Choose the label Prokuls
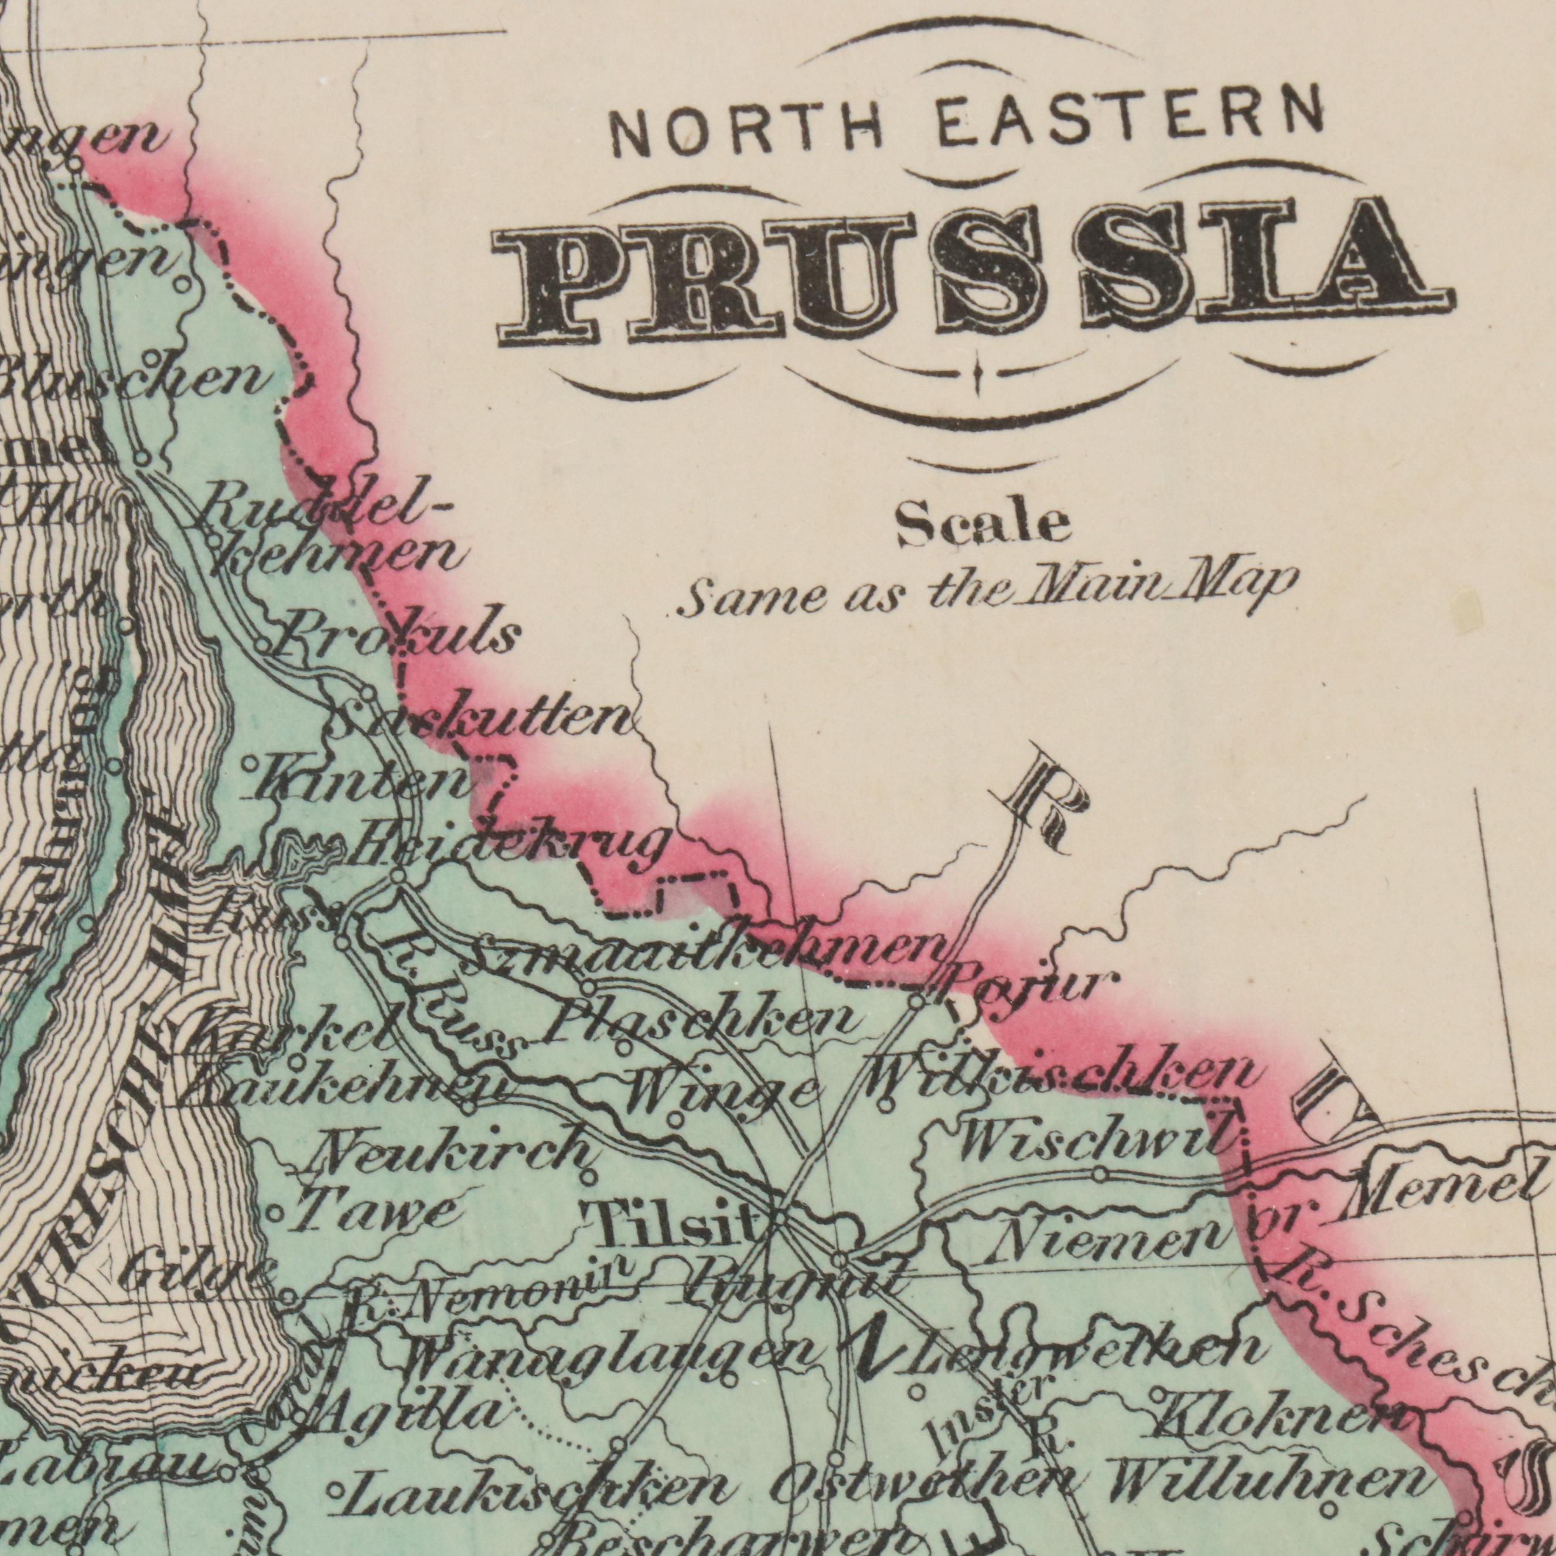395,632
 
